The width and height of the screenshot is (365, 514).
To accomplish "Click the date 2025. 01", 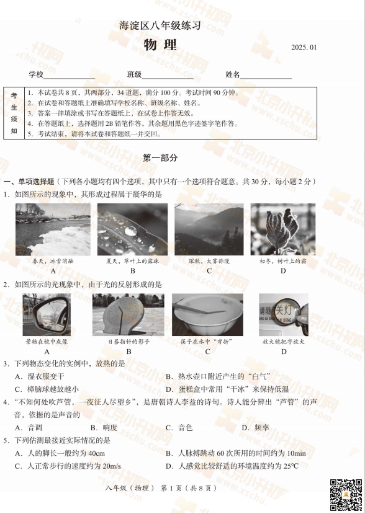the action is click(304, 47).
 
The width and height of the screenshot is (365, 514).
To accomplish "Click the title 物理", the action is click(160, 45).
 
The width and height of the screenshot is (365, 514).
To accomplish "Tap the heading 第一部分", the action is click(160, 158).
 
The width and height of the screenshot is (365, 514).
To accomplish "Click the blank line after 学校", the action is click(70, 78).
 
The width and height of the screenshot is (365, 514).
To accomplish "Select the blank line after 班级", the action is click(168, 78).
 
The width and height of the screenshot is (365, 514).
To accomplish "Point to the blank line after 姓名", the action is click(266, 78).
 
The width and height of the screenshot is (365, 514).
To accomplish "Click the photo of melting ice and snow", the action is click(53, 229).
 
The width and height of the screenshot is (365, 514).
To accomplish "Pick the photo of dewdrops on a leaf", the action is click(132, 229).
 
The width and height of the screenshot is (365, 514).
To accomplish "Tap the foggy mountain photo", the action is click(209, 229).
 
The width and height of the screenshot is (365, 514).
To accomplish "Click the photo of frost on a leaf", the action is click(283, 229).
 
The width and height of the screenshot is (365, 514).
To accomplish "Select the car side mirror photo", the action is click(47, 315).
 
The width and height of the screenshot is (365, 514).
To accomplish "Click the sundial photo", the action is click(128, 315).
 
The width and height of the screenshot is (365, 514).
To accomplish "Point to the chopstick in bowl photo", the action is click(207, 315).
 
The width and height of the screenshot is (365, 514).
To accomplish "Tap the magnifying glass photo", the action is click(284, 315).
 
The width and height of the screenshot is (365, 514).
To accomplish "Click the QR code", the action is click(346, 495).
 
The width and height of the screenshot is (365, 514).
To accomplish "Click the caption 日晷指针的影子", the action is click(129, 342).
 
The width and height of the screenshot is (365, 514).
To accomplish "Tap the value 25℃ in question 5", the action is click(290, 466).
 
